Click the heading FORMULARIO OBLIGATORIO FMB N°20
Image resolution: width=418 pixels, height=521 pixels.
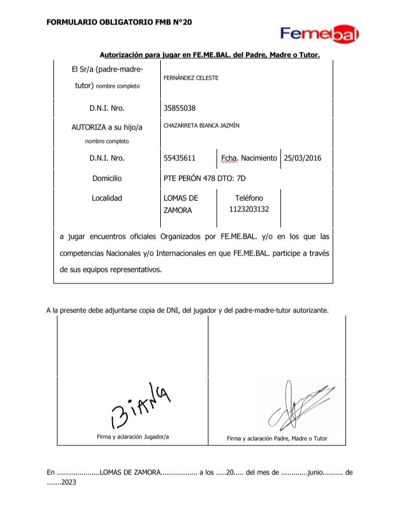click(x=118, y=23)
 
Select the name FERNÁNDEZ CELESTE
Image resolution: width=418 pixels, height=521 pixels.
click(x=192, y=78)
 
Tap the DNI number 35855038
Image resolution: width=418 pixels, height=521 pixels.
click(x=180, y=108)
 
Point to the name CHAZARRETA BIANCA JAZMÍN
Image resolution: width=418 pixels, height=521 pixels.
click(x=201, y=125)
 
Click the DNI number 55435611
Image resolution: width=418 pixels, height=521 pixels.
click(x=180, y=158)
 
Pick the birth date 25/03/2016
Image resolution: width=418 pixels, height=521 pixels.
click(x=302, y=158)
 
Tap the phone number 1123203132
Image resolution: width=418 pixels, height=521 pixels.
click(x=249, y=210)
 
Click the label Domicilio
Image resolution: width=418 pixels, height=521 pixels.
click(x=107, y=178)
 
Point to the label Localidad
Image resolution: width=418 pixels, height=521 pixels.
click(x=107, y=198)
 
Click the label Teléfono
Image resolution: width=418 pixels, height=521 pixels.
click(x=248, y=198)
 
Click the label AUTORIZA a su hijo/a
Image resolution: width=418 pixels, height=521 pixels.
click(x=107, y=127)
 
